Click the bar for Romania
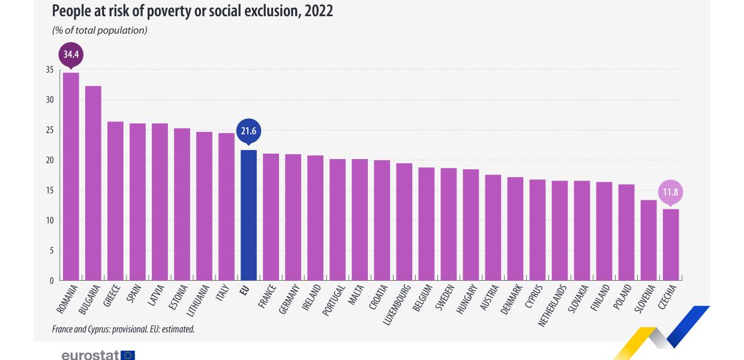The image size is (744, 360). (x=71, y=176)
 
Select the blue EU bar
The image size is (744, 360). (x=249, y=215)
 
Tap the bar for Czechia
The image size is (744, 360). (x=671, y=245)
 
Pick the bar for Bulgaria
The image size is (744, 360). (x=94, y=183)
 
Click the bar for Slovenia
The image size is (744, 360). (x=649, y=240)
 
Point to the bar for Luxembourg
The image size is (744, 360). (x=404, y=222)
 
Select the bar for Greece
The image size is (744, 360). (x=116, y=201)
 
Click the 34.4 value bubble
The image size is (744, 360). (x=71, y=55)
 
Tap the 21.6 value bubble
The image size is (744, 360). (x=249, y=131)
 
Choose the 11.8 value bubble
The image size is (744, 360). (x=671, y=192)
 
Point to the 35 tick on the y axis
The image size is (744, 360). (x=50, y=70)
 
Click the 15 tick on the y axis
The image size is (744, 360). (x=50, y=191)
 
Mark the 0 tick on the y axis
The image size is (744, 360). (x=52, y=281)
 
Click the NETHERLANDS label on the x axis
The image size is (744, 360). (x=551, y=305)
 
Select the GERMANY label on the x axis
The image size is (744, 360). (x=289, y=299)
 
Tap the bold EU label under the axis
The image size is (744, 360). (x=244, y=290)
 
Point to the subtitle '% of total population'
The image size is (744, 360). (x=100, y=30)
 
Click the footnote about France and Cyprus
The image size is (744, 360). (x=123, y=329)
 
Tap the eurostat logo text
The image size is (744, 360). (x=90, y=355)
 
